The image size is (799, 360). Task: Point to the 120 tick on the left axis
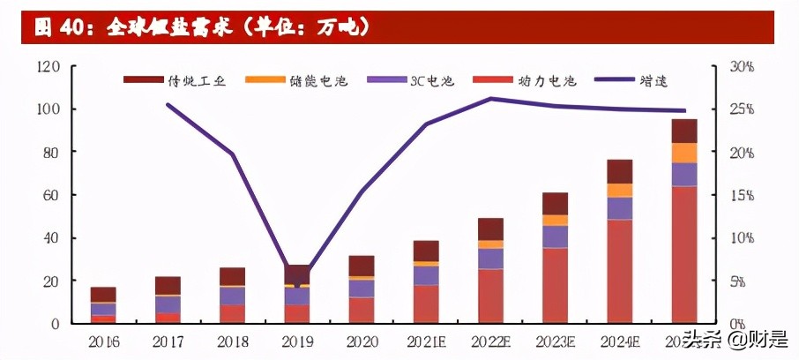(49, 67)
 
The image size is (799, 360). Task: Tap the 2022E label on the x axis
(490, 341)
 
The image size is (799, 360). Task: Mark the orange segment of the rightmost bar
(684, 153)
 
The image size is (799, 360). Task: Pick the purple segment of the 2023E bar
(555, 236)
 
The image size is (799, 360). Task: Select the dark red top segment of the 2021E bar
(426, 251)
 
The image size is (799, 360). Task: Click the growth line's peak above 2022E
(490, 98)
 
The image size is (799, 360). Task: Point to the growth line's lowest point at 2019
(296, 285)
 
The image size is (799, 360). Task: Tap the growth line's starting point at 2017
(168, 104)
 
